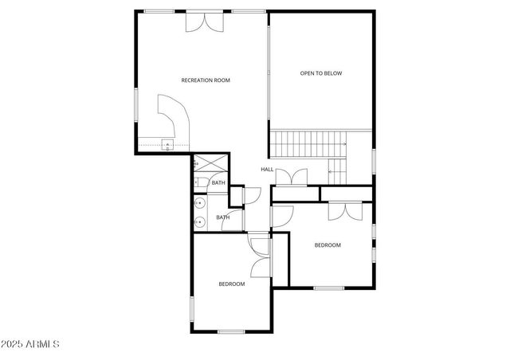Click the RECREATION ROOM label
coord(206,80)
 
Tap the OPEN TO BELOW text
coord(321,73)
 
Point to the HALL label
coord(267,170)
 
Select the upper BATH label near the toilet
coord(218,183)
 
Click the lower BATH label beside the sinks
coord(223,217)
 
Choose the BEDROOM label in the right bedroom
coord(327,245)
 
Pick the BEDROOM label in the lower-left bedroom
coord(232,284)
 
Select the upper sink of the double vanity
coord(200,203)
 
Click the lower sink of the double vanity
coord(200,221)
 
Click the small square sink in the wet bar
coord(168,145)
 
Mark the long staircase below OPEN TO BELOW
coord(309,144)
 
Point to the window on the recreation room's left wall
coord(136,104)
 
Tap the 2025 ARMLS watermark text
coord(31,345)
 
